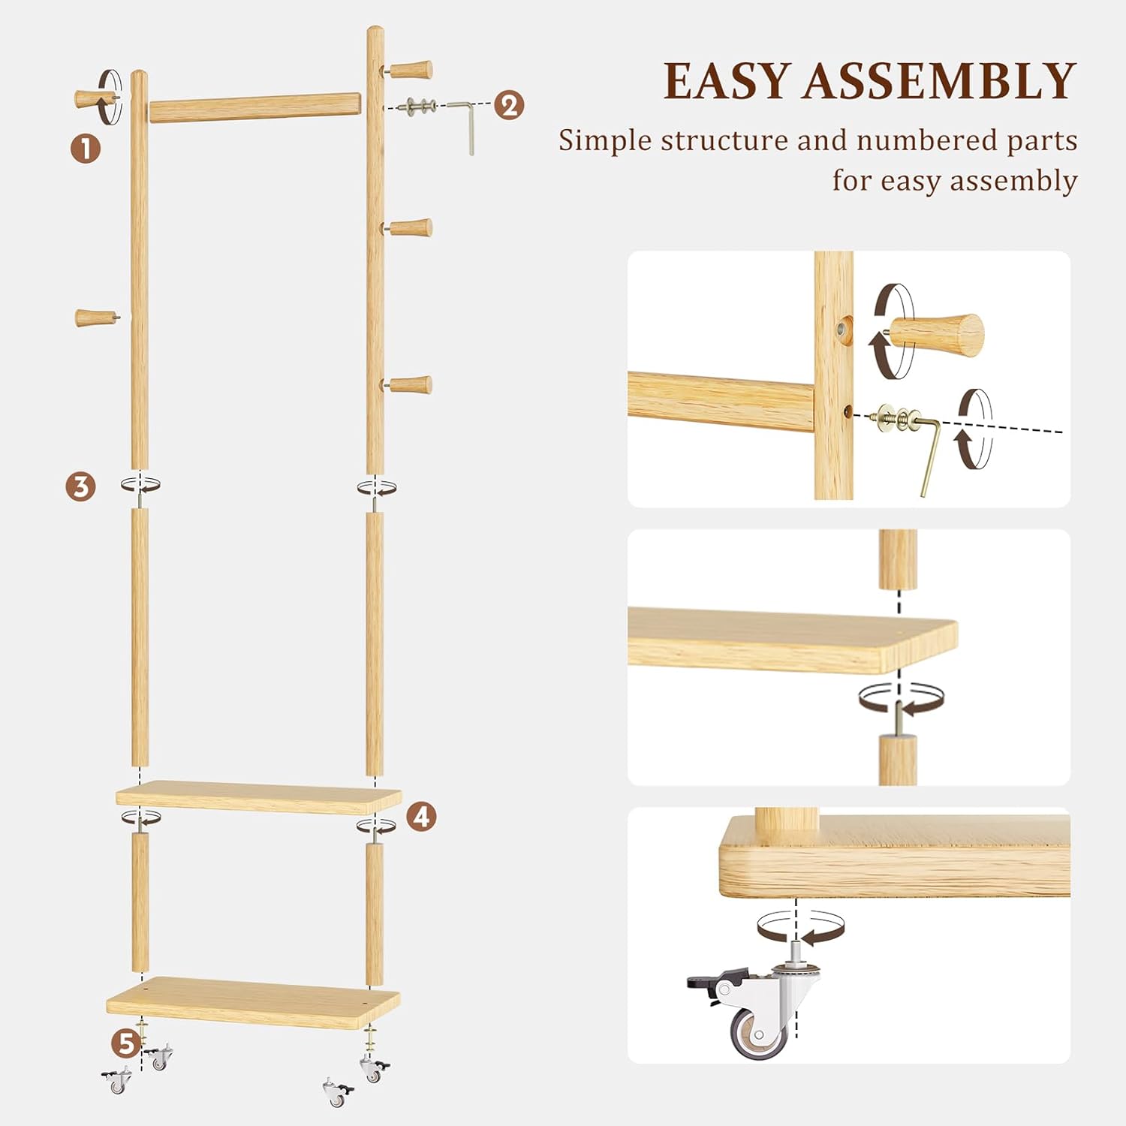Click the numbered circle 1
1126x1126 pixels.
[86, 149]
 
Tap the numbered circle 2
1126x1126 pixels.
[509, 105]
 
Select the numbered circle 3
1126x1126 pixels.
[80, 486]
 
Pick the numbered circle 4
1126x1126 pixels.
[422, 816]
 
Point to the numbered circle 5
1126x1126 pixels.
[125, 1043]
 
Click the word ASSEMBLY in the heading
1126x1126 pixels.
[940, 81]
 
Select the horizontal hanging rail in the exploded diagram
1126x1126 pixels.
[254, 107]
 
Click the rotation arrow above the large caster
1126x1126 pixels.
[800, 928]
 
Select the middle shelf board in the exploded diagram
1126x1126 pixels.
[258, 796]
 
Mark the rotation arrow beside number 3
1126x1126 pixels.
[141, 485]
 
